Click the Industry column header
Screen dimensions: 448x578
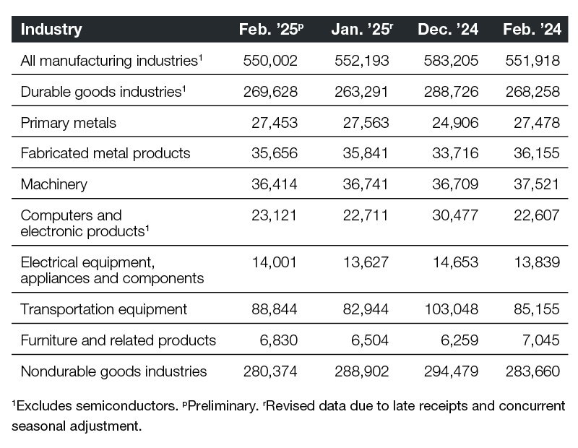pyautogui.click(x=51, y=30)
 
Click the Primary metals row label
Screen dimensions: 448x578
pyautogui.click(x=69, y=123)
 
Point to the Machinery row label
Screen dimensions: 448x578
pyautogui.click(x=54, y=184)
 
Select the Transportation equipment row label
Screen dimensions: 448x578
pyautogui.click(x=104, y=309)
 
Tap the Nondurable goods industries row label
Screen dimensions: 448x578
pyautogui.click(x=114, y=371)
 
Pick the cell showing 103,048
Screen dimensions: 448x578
pyautogui.click(x=451, y=309)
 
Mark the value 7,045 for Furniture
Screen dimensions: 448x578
pyautogui.click(x=541, y=340)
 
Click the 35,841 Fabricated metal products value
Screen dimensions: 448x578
pyautogui.click(x=365, y=153)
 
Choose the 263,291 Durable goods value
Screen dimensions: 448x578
pyautogui.click(x=362, y=92)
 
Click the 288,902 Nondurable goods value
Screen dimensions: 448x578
pyautogui.click(x=362, y=371)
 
